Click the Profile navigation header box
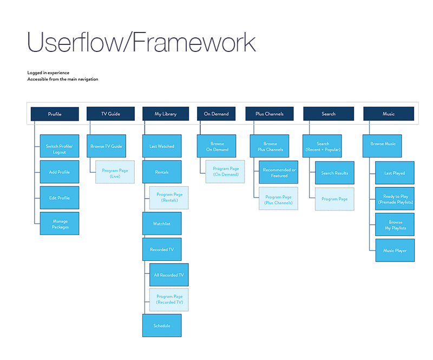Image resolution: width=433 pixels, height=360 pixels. [55, 114]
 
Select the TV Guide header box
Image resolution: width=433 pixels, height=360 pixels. [110, 114]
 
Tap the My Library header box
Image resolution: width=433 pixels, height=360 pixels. [166, 114]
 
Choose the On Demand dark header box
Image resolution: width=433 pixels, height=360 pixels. [216, 114]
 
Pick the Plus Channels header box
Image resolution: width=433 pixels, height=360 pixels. [270, 114]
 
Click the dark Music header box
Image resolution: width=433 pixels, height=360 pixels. [389, 114]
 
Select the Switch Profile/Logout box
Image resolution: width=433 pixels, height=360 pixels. [60, 146]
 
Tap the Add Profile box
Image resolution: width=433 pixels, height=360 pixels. [60, 172]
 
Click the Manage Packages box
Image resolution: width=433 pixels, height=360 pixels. [60, 224]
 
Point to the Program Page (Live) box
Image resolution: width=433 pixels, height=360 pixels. [115, 172]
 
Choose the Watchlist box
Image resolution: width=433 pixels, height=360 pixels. [162, 224]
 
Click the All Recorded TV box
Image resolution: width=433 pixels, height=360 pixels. [169, 275]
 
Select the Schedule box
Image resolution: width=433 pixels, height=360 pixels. [162, 325]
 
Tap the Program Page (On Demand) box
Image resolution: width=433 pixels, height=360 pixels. [225, 172]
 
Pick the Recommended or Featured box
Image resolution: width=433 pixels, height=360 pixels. [278, 172]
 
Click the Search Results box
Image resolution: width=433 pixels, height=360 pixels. [334, 173]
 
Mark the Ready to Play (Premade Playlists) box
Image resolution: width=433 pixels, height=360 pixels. [395, 199]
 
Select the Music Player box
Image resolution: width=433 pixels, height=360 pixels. [395, 250]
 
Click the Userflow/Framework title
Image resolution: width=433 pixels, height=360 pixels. [141, 42]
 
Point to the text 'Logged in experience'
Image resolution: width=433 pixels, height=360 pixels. [48, 73]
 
